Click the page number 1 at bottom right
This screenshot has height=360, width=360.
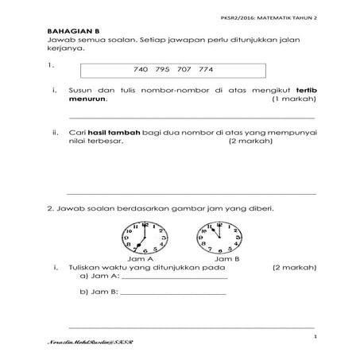(315, 338)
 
